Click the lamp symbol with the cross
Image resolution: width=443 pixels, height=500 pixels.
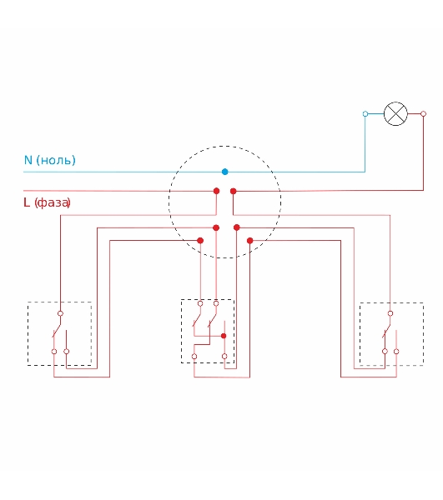click(395, 114)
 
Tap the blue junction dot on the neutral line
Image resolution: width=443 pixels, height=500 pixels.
click(224, 172)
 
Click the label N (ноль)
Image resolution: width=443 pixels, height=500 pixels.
click(50, 160)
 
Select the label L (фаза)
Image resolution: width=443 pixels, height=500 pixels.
click(47, 202)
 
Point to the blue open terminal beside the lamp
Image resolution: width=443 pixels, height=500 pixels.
click(365, 114)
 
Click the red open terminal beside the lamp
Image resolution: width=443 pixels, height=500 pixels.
click(424, 114)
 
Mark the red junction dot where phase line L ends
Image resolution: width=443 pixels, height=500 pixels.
click(216, 191)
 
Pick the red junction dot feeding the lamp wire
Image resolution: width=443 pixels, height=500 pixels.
click(234, 191)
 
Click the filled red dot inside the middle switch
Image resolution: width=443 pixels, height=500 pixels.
click(224, 336)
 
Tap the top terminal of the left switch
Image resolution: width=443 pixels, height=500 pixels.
click(60, 313)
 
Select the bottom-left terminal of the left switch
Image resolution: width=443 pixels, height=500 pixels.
click(54, 352)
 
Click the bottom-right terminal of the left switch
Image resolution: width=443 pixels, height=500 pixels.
click(67, 352)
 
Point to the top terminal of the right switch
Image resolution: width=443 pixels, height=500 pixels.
click(390, 313)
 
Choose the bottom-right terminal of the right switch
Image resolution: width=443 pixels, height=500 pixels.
click(396, 352)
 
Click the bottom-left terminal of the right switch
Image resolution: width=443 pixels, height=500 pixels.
click(385, 352)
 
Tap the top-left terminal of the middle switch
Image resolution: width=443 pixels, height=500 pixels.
click(200, 303)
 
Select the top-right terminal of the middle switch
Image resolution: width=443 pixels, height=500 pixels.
click(216, 303)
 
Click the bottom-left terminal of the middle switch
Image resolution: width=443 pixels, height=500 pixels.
click(194, 357)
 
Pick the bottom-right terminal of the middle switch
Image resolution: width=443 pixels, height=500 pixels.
click(224, 357)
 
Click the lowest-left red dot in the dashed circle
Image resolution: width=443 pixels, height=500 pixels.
click(200, 241)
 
